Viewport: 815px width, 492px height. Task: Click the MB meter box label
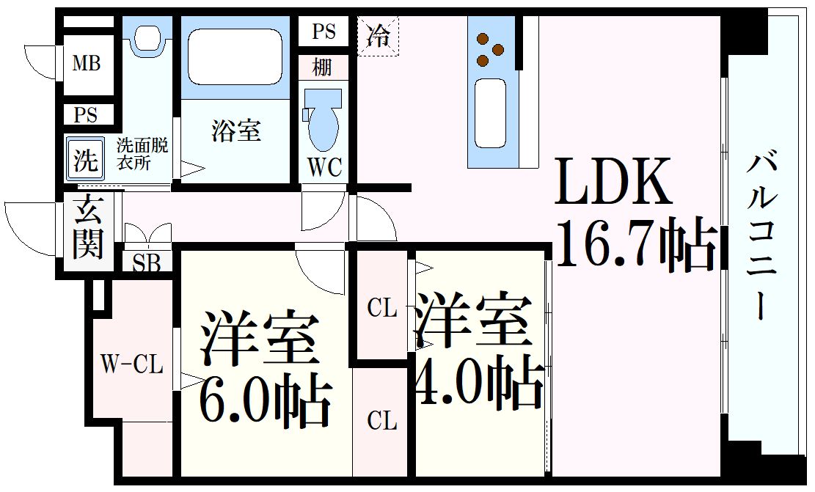(x=86, y=64)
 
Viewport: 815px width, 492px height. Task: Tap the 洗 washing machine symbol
(x=86, y=160)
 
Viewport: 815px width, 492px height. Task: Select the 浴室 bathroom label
(x=235, y=131)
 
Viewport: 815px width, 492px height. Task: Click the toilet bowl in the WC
(x=324, y=125)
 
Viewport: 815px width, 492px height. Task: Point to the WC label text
(x=324, y=168)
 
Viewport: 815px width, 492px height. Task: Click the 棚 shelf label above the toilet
(x=321, y=67)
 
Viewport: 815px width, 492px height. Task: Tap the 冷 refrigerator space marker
(x=379, y=35)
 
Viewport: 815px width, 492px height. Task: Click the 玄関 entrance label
(x=88, y=227)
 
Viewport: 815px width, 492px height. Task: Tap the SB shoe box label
(x=147, y=263)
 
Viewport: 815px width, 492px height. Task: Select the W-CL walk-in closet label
(x=132, y=364)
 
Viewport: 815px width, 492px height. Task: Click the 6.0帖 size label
(x=264, y=402)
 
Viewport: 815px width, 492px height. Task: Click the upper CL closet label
(x=382, y=309)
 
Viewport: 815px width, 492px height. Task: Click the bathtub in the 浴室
(x=235, y=56)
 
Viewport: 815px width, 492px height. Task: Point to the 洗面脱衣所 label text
(x=143, y=153)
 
